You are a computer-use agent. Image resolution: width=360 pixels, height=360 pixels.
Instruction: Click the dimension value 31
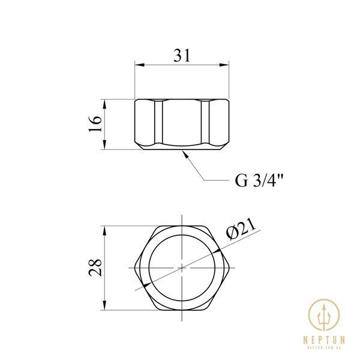[x=182, y=56]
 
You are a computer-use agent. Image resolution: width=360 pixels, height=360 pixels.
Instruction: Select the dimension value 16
[x=95, y=124]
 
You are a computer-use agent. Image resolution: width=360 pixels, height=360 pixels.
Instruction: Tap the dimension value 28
[x=95, y=268]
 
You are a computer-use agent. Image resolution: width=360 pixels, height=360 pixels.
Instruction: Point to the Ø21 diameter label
[x=241, y=229]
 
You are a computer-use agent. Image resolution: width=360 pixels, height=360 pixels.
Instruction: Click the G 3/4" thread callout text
[x=259, y=181]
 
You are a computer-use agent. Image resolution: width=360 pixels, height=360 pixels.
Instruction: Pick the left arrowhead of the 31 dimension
[x=140, y=65]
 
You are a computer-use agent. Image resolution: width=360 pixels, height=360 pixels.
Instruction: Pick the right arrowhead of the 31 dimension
[x=224, y=65]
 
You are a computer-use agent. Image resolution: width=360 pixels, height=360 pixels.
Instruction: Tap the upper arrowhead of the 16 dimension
[x=104, y=104]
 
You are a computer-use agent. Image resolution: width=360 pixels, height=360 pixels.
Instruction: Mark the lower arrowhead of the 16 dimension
[x=104, y=145]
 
